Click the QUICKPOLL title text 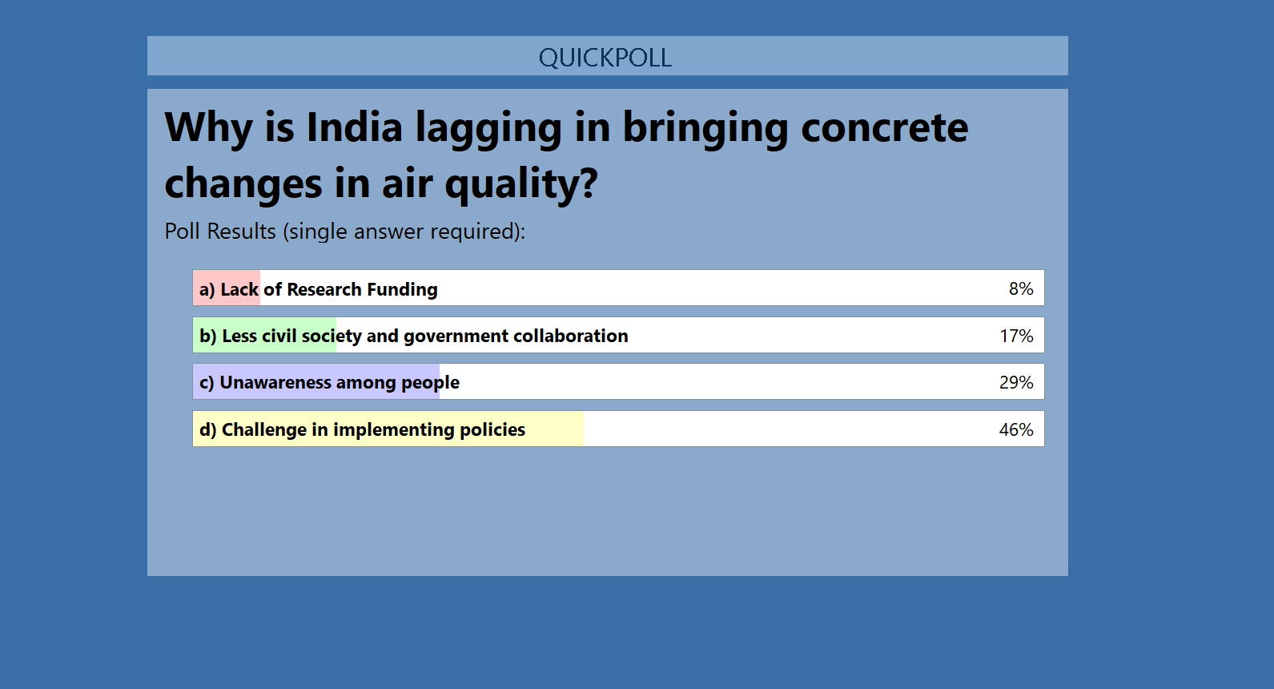605,58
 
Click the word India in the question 354,127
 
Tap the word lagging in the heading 488,130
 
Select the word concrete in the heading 884,128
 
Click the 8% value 1021,288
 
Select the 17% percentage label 1016,336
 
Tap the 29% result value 1016,382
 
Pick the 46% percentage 1016,429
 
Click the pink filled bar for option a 227,288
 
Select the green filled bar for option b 264,335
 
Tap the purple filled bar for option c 316,382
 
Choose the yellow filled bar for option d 388,429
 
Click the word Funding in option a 402,289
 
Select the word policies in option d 492,430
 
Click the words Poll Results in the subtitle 220,232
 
